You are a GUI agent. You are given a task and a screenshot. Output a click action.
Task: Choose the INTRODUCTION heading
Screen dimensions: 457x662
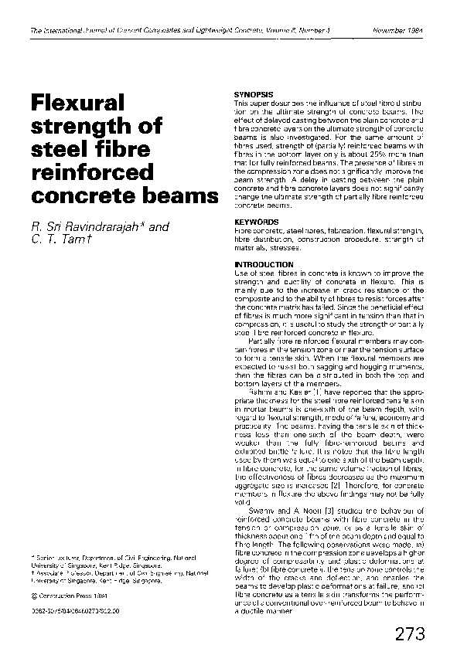[x=261, y=264]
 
